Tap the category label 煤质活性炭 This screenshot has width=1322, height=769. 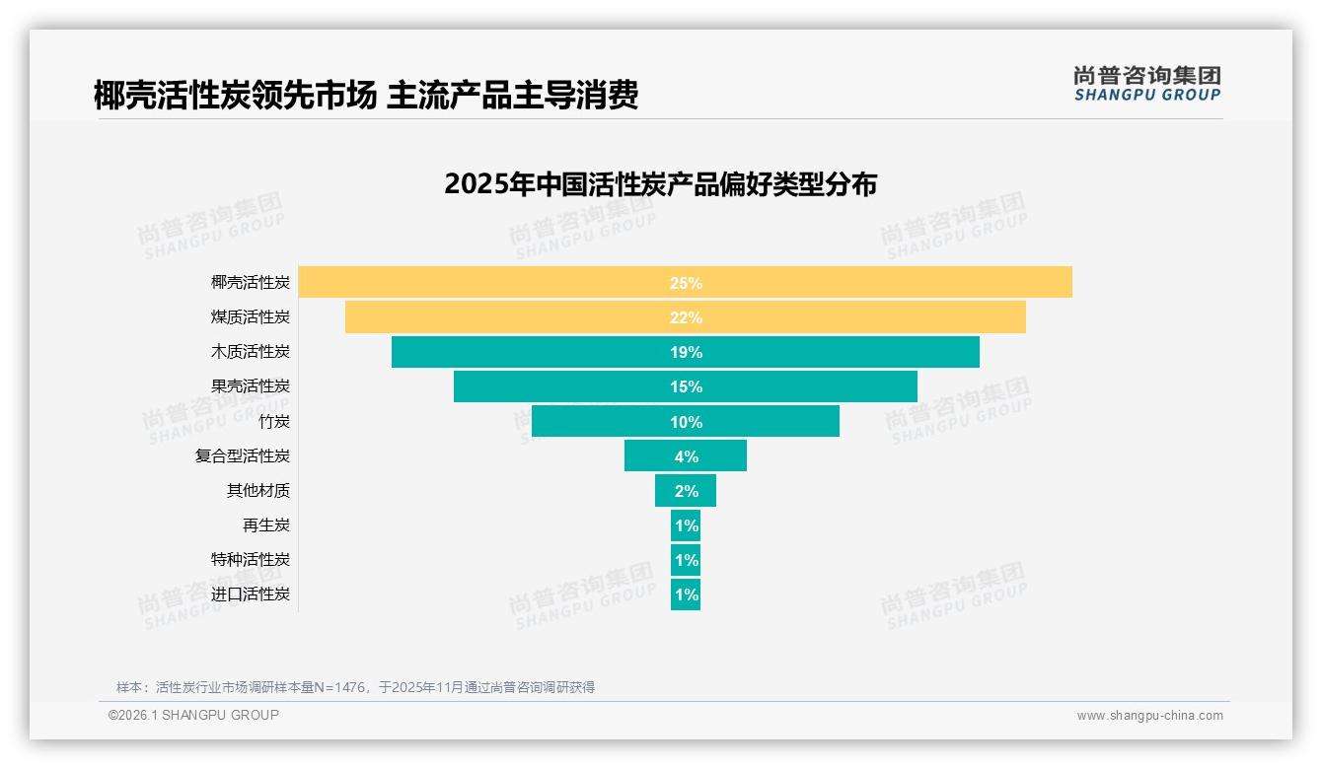click(x=251, y=317)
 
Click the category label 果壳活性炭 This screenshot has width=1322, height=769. click(x=251, y=386)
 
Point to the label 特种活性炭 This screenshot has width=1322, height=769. click(x=251, y=559)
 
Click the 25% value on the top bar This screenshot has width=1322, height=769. click(x=686, y=283)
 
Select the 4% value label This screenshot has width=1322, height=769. click(x=687, y=456)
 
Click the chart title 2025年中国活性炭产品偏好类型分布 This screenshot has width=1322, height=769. click(x=660, y=184)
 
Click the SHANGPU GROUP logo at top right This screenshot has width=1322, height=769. click(x=1146, y=84)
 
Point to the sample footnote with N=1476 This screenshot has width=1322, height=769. click(x=355, y=687)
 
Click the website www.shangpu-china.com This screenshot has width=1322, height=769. click(x=1149, y=716)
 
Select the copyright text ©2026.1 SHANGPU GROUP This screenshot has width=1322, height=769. click(x=193, y=715)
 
